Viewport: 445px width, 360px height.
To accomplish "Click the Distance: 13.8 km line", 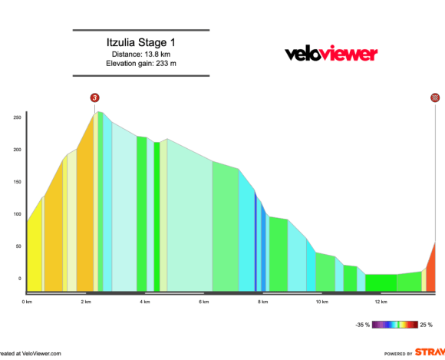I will pos(141,54).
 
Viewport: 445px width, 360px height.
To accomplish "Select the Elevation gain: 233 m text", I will pos(141,64).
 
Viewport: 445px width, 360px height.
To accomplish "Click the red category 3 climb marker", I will pos(94,97).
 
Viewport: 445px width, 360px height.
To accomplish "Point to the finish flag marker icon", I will pos(435,97).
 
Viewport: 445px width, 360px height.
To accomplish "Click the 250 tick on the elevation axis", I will pos(16,117).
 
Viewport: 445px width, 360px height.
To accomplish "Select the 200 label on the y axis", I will pos(16,150).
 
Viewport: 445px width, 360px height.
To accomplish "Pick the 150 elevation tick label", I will pos(16,182).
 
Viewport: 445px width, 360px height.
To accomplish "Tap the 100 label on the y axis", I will pos(16,214).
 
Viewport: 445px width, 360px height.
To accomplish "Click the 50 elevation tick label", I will pos(18,246).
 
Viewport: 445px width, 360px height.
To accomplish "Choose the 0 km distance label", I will pos(27,302).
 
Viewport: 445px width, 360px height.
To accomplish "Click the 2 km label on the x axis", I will pos(86,302).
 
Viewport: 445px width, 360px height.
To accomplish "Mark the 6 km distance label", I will pos(204,302).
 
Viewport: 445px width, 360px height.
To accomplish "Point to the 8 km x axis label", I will pos(263,302).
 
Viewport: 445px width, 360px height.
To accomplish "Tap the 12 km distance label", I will pos(381,302).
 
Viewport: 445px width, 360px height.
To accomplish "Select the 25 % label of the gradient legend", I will pos(427,325).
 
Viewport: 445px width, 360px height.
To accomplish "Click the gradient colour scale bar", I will pos(394,325).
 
